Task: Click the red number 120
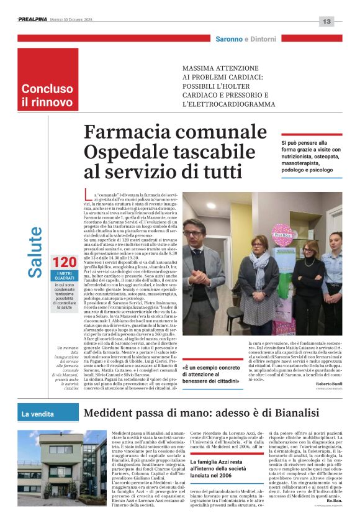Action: [x=65, y=262]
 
